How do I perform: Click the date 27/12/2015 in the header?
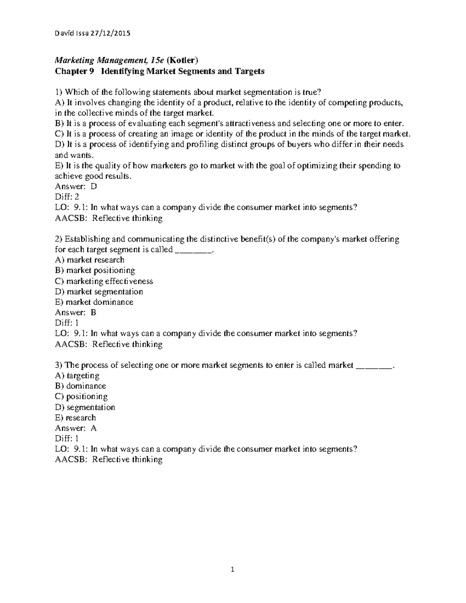(x=111, y=33)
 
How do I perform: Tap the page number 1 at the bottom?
(x=233, y=570)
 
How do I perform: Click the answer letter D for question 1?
(x=93, y=186)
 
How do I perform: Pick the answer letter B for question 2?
(x=93, y=313)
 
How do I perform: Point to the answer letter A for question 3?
(x=93, y=428)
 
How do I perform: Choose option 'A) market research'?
(x=90, y=260)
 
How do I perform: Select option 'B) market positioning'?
(x=95, y=271)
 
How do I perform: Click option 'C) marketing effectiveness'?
(x=104, y=281)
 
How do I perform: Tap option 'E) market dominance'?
(x=94, y=302)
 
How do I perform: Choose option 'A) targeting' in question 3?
(x=77, y=375)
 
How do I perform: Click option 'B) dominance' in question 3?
(x=80, y=386)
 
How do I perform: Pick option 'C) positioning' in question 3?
(x=82, y=396)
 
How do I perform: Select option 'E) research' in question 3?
(x=75, y=418)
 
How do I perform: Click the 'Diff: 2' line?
(x=67, y=197)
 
